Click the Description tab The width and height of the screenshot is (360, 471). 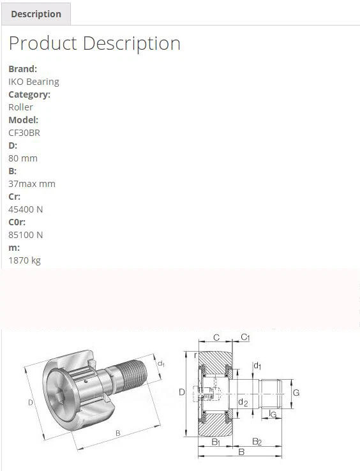click(36, 14)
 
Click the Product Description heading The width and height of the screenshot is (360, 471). click(94, 43)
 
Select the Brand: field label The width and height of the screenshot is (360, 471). click(23, 69)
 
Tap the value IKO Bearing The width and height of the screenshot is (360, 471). click(34, 82)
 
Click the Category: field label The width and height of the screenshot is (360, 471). click(29, 94)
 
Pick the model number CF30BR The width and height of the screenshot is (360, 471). click(24, 133)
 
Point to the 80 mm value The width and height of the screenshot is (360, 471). click(23, 158)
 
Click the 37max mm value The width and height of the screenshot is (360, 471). click(32, 184)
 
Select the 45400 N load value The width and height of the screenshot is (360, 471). click(26, 209)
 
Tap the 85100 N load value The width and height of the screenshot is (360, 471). click(26, 235)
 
